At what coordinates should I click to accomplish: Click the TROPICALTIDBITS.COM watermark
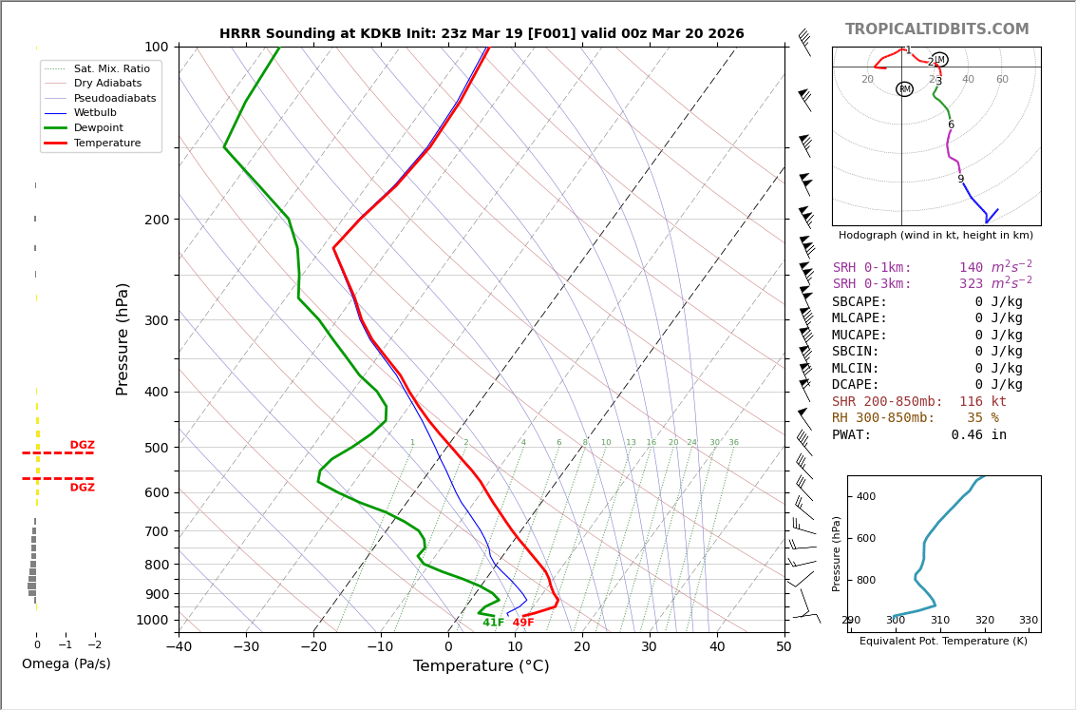[x=936, y=29]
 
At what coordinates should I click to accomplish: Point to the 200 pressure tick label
[x=156, y=220]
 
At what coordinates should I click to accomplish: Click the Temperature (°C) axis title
[x=481, y=666]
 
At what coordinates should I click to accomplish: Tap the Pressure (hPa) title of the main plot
[x=123, y=338]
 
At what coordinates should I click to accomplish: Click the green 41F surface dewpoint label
[x=493, y=623]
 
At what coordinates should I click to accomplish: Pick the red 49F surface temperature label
[x=523, y=623]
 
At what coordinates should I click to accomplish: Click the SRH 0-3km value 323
[x=971, y=284]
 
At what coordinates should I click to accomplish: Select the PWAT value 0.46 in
[x=978, y=435]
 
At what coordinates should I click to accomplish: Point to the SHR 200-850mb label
[x=887, y=402]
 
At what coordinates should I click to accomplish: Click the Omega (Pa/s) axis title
[x=66, y=664]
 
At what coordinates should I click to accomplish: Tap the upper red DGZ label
[x=82, y=445]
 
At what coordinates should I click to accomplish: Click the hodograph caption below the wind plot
[x=935, y=235]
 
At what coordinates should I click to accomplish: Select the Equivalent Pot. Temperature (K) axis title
[x=943, y=642]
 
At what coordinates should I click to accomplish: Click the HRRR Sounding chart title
[x=482, y=34]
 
